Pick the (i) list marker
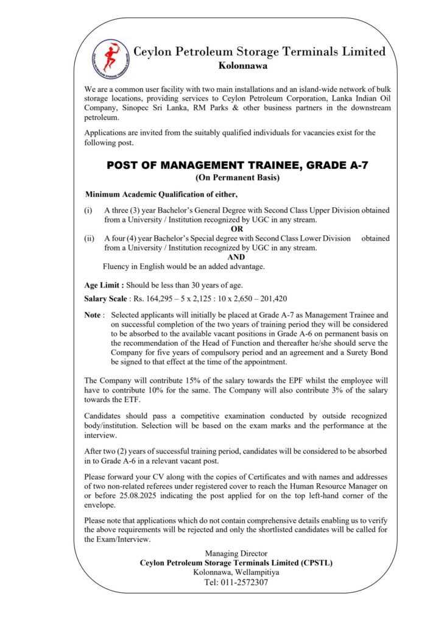(88, 210)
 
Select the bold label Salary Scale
(107, 299)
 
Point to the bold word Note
(94, 315)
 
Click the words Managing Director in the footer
(236, 553)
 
